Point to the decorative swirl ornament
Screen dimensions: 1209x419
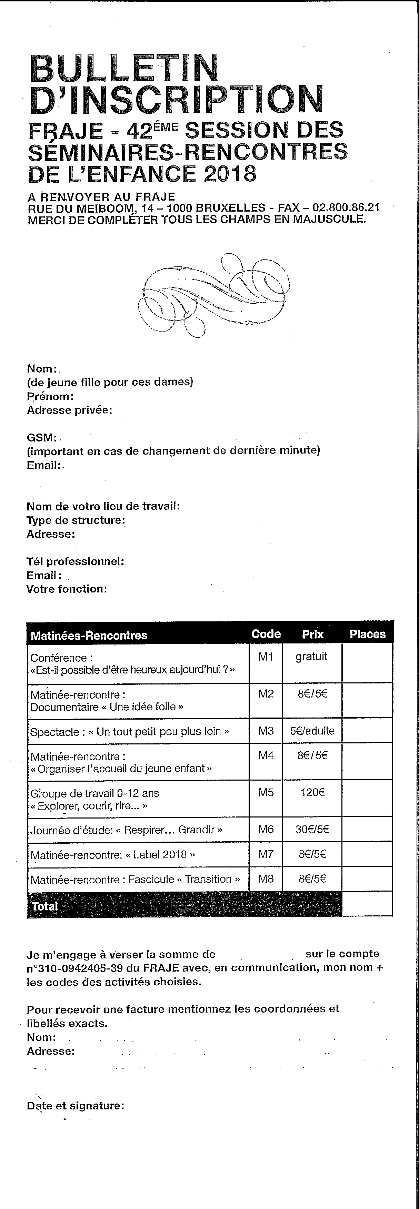click(x=214, y=294)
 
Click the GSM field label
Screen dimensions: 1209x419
click(x=41, y=437)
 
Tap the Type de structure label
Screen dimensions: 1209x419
click(x=76, y=520)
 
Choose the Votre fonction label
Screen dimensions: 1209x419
click(x=67, y=589)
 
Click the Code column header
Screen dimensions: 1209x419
click(x=266, y=634)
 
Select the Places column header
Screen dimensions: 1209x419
click(x=367, y=634)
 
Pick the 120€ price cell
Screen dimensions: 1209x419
click(x=312, y=793)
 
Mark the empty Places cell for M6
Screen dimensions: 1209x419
click(x=367, y=829)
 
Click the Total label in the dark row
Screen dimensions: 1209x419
click(x=45, y=906)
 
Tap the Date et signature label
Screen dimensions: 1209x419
click(x=75, y=1105)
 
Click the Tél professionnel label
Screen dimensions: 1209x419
click(x=75, y=561)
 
